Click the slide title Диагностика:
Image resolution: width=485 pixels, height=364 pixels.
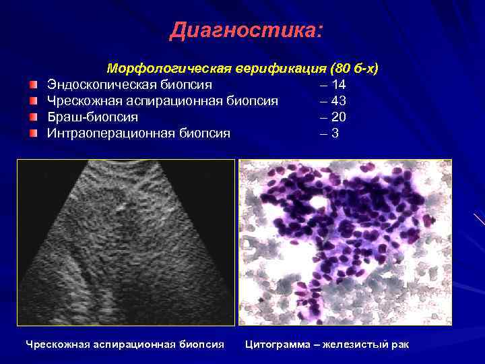(x=247, y=30)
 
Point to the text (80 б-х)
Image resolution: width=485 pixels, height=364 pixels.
(x=354, y=69)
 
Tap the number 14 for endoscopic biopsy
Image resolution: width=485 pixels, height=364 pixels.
(x=339, y=85)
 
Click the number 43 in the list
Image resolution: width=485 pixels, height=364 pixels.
(x=339, y=101)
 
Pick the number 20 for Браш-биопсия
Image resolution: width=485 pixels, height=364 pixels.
(x=339, y=117)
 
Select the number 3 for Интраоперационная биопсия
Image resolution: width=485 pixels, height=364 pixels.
(x=335, y=133)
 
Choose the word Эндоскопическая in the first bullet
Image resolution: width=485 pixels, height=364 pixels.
(x=100, y=85)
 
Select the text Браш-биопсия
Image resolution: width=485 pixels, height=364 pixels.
(x=92, y=117)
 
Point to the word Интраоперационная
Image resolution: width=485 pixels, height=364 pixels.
(x=110, y=133)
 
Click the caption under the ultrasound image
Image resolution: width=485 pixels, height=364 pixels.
(x=125, y=344)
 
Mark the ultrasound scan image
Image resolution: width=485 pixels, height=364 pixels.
(x=126, y=243)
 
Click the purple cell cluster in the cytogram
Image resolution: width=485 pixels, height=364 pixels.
(x=344, y=216)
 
